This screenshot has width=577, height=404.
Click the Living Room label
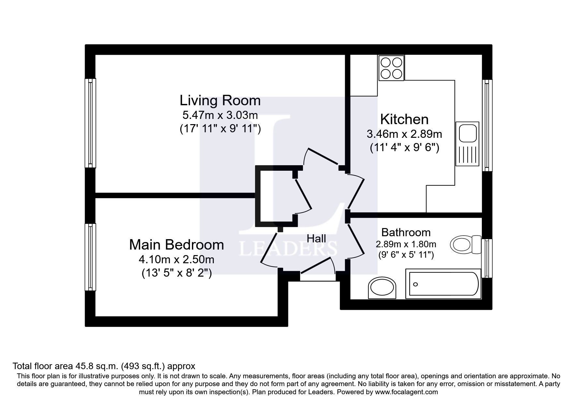pyautogui.click(x=220, y=100)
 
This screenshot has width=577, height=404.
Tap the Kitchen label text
pyautogui.click(x=404, y=119)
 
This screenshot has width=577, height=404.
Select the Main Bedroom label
pyautogui.click(x=176, y=245)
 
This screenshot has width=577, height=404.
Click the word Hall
pyautogui.click(x=316, y=239)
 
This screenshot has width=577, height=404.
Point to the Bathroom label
pyautogui.click(x=406, y=232)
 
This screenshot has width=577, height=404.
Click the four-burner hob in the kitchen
pyautogui.click(x=391, y=68)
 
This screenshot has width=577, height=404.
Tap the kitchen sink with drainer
pyautogui.click(x=467, y=144)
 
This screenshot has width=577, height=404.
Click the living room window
pyautogui.click(x=90, y=123)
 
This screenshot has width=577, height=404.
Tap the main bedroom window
pyautogui.click(x=90, y=257)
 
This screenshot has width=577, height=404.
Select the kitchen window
pyautogui.click(x=487, y=125)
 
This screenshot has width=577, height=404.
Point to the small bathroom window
pyautogui.click(x=487, y=258)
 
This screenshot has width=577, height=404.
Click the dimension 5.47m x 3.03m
pyautogui.click(x=220, y=115)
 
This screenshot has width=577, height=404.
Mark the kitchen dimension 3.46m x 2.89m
pyautogui.click(x=404, y=134)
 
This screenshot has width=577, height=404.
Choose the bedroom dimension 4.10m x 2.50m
pyautogui.click(x=176, y=259)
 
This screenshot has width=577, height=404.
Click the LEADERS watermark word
pyautogui.click(x=288, y=249)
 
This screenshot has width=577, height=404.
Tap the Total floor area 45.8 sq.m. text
pyautogui.click(x=104, y=366)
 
